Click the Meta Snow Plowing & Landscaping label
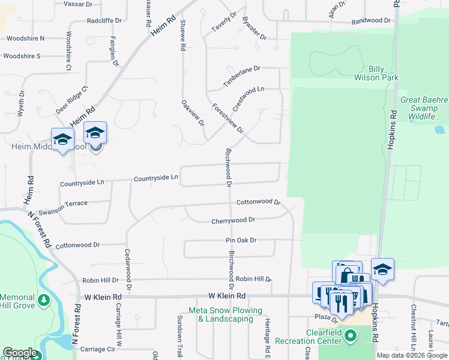pos(225,315)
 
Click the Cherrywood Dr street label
pos(234,221)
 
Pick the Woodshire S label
pos(22,56)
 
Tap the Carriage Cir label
pos(97,349)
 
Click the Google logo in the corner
pos(19,353)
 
